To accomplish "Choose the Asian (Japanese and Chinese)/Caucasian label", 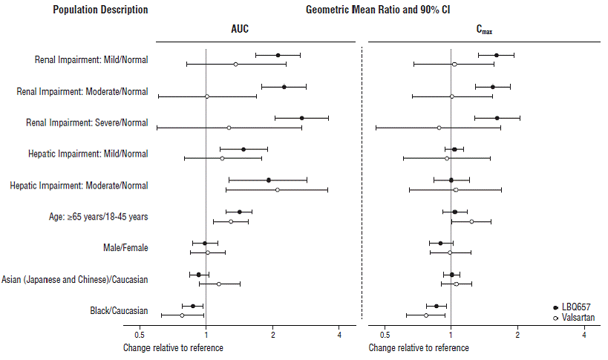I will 75,279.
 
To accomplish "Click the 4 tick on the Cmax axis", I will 584,335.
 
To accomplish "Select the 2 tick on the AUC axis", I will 272,335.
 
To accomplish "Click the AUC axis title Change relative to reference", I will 172,347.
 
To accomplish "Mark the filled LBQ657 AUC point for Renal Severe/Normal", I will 301,118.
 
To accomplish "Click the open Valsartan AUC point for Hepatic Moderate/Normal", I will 278,190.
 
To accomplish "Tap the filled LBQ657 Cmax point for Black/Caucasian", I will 437,306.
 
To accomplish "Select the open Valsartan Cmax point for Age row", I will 471,221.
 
